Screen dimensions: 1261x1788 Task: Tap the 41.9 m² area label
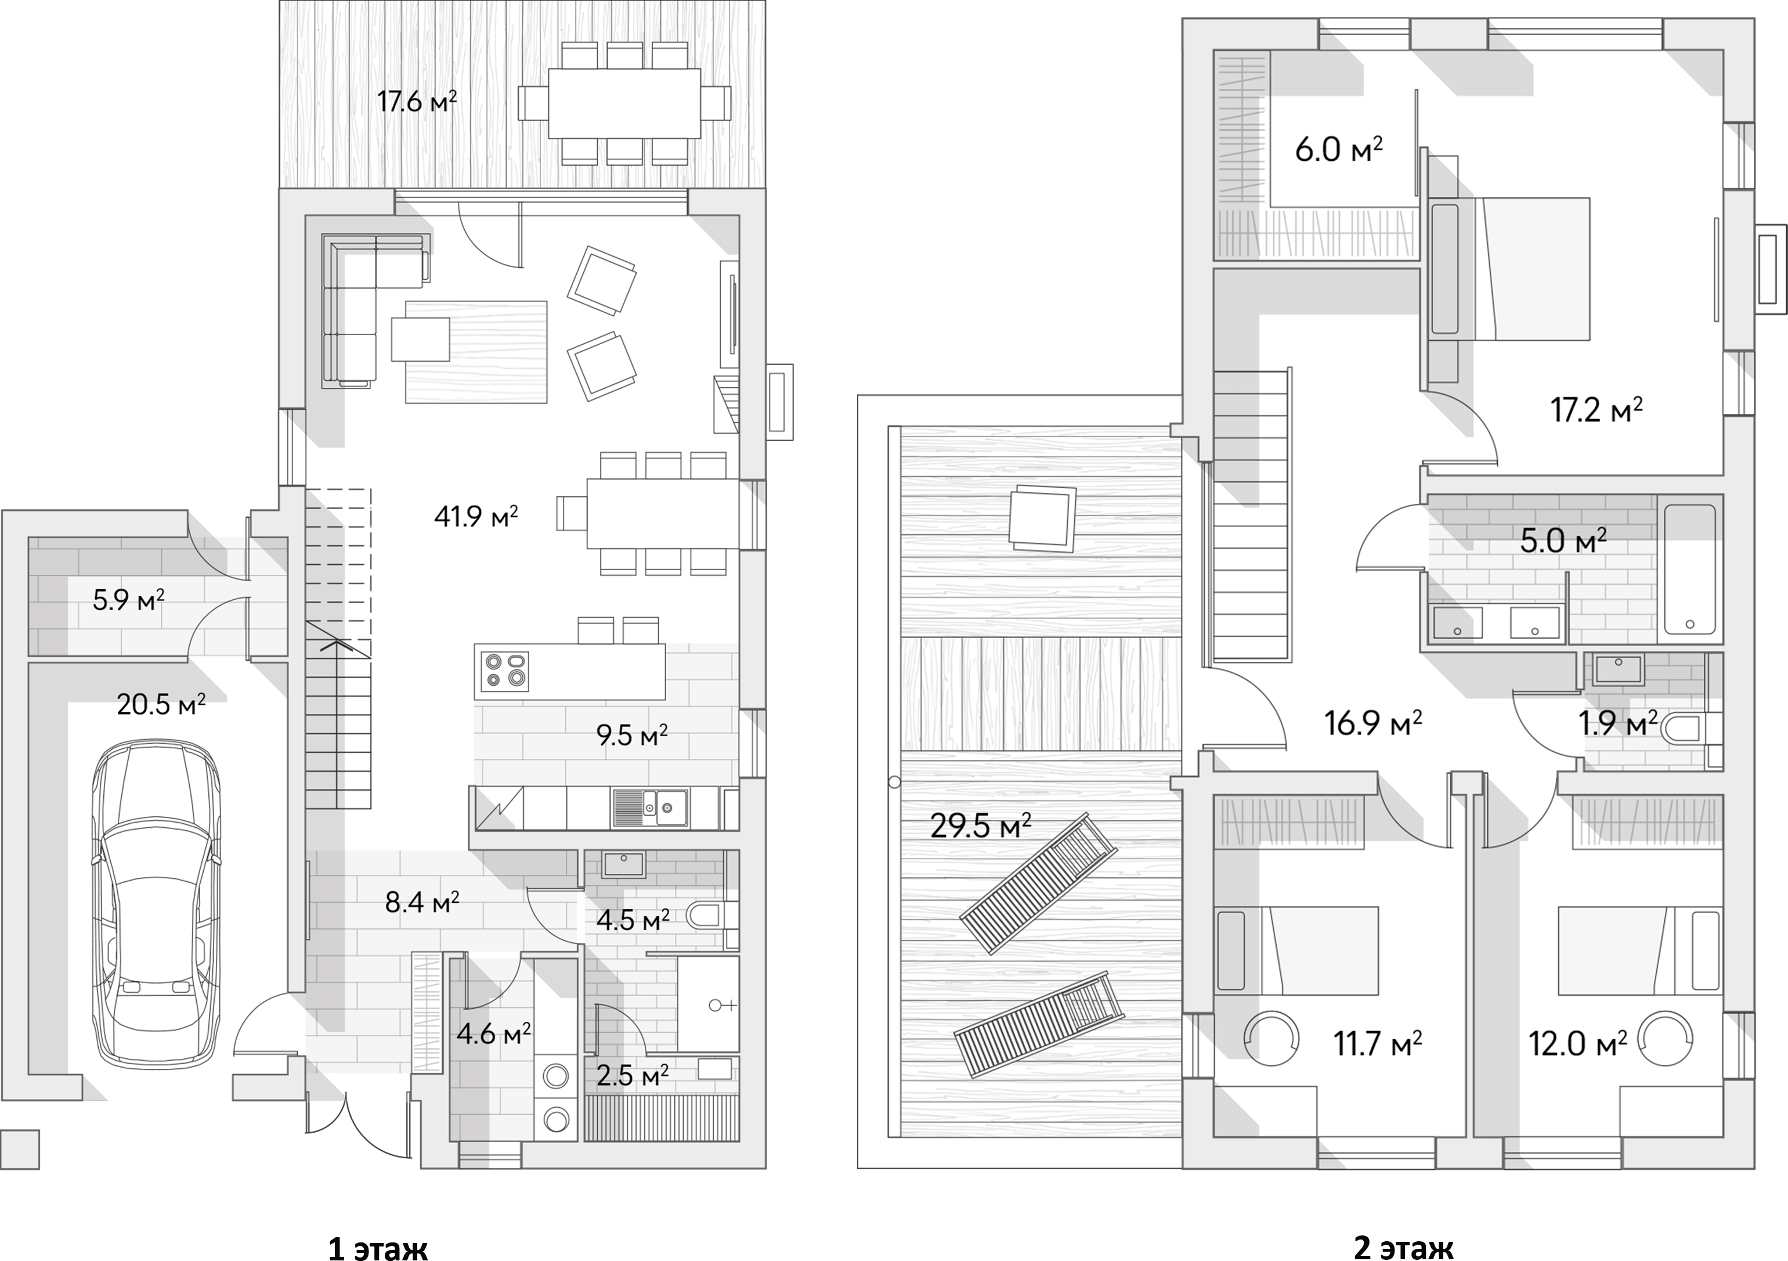(x=476, y=516)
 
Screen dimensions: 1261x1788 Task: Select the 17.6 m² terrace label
(x=417, y=101)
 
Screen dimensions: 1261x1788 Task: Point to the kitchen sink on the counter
(x=649, y=807)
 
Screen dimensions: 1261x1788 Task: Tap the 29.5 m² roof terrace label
(x=980, y=826)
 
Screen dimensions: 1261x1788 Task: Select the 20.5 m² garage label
(x=160, y=705)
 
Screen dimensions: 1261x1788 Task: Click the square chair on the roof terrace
(x=1041, y=518)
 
